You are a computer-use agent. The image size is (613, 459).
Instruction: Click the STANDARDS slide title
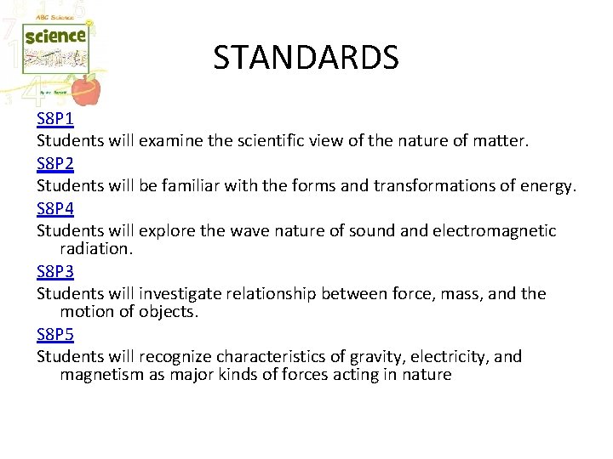[x=306, y=58]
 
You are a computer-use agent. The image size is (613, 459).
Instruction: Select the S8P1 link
[x=55, y=119]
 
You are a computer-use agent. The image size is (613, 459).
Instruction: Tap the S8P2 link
[x=55, y=162]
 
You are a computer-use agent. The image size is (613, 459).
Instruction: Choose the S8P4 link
[x=55, y=208]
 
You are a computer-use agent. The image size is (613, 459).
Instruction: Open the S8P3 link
[x=55, y=271]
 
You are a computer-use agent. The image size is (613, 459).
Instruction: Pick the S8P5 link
[x=55, y=335]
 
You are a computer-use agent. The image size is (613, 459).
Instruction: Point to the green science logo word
[x=55, y=37]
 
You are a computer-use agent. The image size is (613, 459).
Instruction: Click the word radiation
[x=95, y=249]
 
